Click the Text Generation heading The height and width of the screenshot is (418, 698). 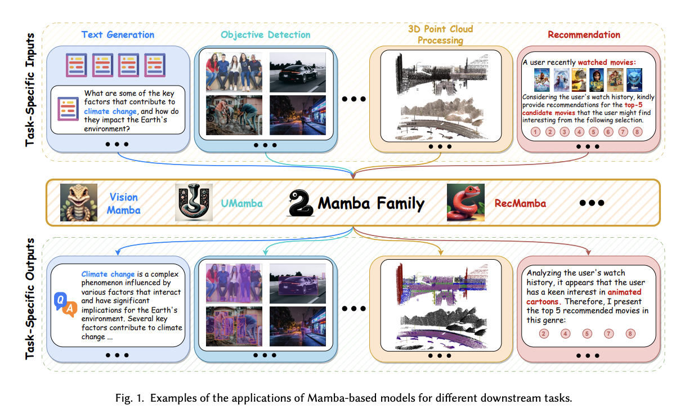point(118,34)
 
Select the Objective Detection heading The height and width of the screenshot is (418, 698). point(266,34)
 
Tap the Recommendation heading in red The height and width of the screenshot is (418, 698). point(584,34)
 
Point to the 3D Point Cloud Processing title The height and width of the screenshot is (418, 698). point(440,34)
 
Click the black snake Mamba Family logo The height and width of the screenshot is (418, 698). point(300,203)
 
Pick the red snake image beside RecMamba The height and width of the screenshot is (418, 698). point(466,202)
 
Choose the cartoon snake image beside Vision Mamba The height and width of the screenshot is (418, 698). point(79,202)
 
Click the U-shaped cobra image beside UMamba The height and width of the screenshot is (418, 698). point(194,202)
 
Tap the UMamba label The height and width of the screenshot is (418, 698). point(242,203)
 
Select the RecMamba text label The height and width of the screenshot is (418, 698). point(520,203)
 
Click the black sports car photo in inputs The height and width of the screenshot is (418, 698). point(298,72)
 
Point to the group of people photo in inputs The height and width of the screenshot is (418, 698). point(234,72)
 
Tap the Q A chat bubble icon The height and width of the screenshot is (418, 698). point(66,304)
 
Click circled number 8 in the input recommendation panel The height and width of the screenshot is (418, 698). point(637,132)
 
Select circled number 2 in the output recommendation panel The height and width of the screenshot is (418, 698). point(544,333)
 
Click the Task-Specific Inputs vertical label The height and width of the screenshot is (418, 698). point(30,90)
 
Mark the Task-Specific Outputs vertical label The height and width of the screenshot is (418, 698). point(30,299)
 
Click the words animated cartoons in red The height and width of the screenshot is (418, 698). point(584,297)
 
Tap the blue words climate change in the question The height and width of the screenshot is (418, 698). point(110,112)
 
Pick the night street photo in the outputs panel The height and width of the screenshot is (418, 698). point(298,326)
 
